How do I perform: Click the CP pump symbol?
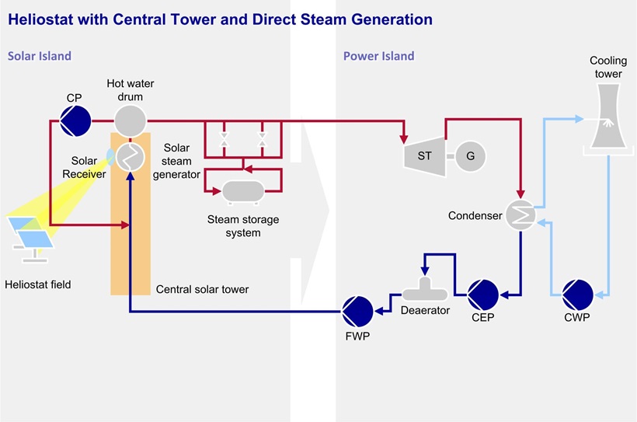(76, 120)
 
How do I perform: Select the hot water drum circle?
(131, 120)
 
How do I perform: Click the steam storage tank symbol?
(242, 189)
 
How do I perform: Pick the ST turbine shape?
(423, 155)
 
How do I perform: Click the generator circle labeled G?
(470, 155)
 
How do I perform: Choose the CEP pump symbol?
(482, 295)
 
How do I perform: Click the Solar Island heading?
(40, 56)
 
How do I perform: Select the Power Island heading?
(378, 56)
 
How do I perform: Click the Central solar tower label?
(203, 290)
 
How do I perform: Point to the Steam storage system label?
(242, 226)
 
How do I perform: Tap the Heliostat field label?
(37, 284)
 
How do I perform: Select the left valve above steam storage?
(224, 141)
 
